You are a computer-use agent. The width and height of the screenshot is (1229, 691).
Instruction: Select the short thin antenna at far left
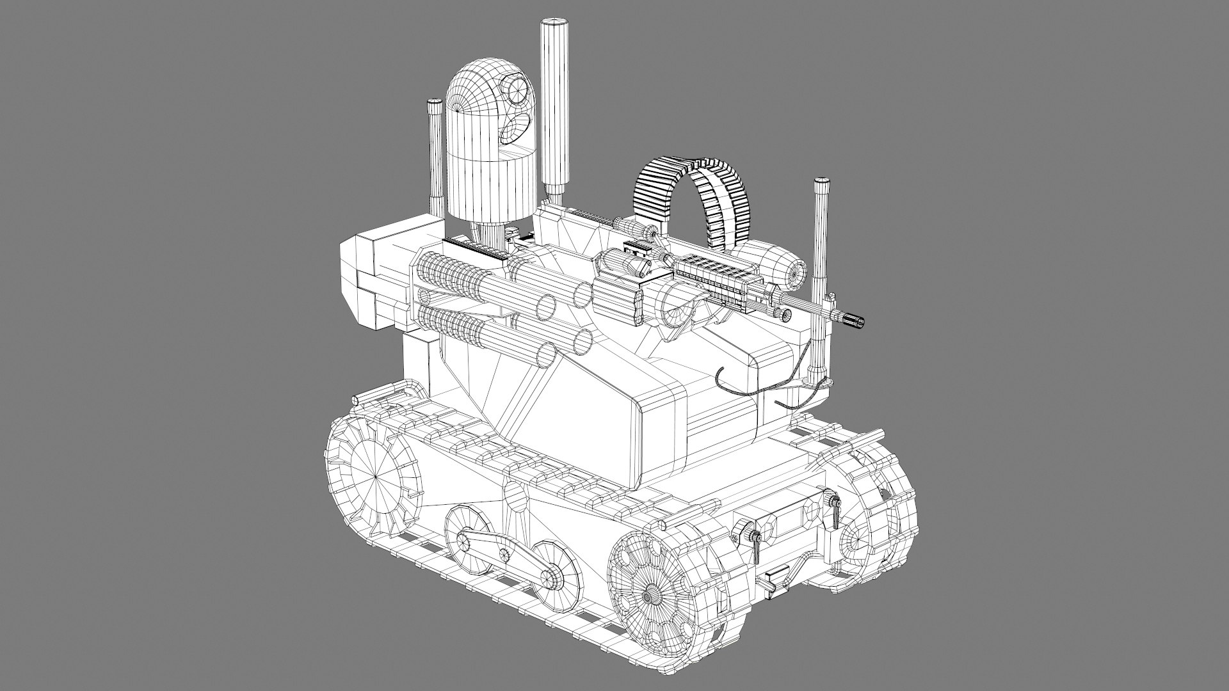coord(436,160)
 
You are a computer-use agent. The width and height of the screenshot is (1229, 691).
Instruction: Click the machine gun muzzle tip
coord(854,319)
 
